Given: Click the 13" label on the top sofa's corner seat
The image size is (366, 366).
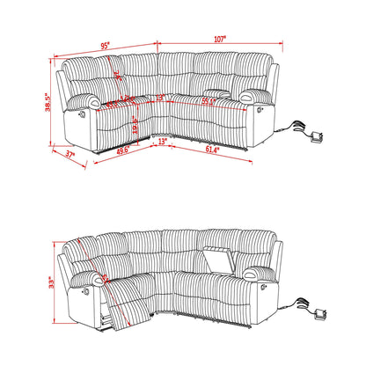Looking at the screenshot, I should [x=161, y=98].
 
